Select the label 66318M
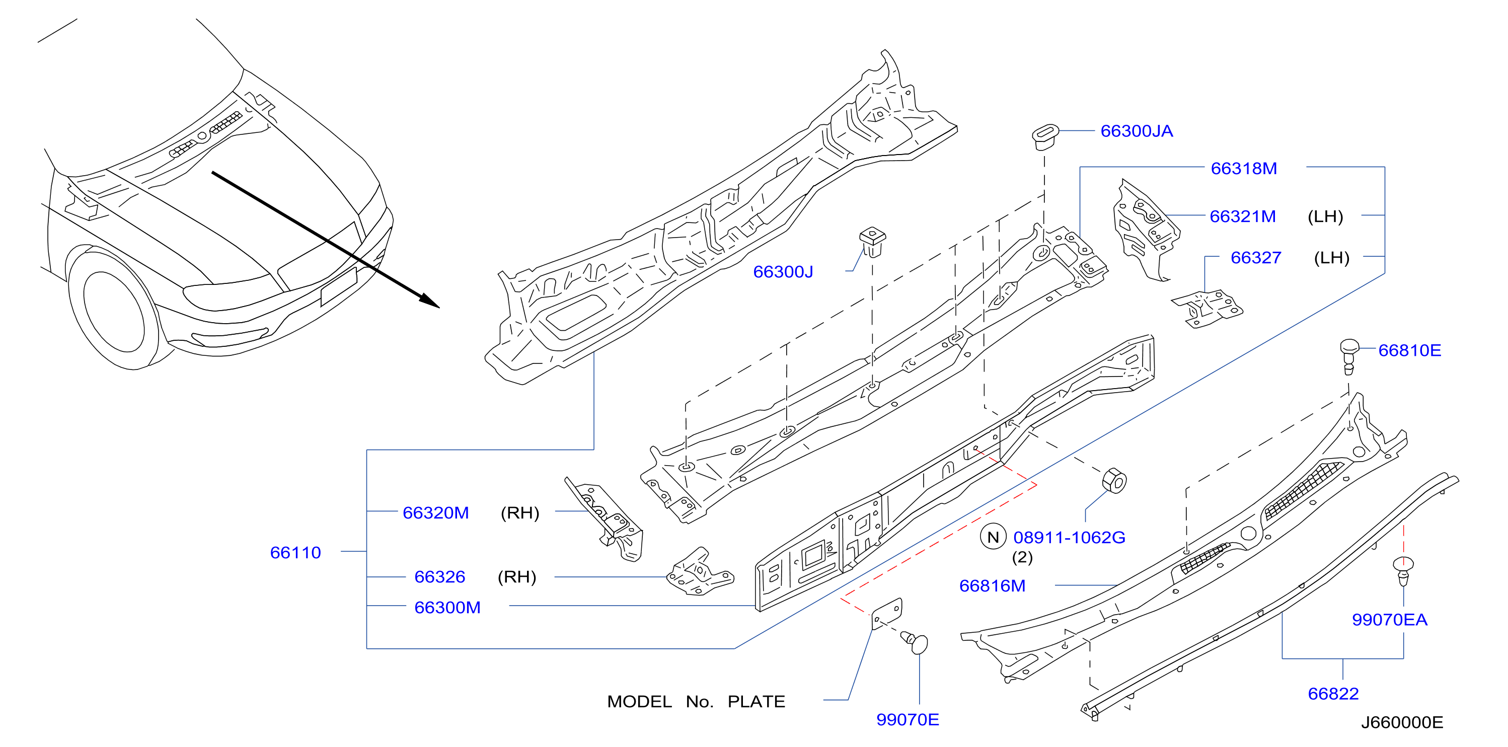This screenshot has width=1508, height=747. click(x=1243, y=169)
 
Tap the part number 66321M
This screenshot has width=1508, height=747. click(x=1242, y=216)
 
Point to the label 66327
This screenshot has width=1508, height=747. click(x=1256, y=258)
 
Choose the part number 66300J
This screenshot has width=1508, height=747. click(x=783, y=272)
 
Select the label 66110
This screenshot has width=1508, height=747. click(x=295, y=553)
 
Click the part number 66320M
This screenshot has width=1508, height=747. click(x=435, y=513)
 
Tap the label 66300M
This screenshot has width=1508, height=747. click(x=447, y=608)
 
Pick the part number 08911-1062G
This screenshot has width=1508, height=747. click(x=1069, y=538)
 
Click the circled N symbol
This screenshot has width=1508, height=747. click(x=993, y=538)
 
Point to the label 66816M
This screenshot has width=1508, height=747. click(x=992, y=586)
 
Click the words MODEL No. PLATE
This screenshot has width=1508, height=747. click(x=696, y=701)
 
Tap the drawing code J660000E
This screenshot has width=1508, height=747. click(x=1402, y=722)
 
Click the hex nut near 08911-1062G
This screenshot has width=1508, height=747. click(x=1114, y=481)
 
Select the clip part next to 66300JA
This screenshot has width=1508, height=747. click(x=1045, y=136)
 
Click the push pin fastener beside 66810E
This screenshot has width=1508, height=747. click(x=1349, y=355)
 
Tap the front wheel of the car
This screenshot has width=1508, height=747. click(x=114, y=310)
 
